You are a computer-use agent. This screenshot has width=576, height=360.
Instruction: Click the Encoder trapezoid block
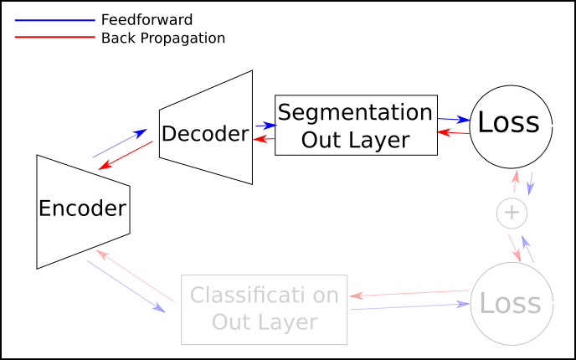[82, 209]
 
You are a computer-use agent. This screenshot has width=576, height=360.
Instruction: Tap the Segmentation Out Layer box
[356, 125]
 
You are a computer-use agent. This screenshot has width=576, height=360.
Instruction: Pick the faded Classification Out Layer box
[264, 309]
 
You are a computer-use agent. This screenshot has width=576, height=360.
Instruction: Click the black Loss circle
[511, 123]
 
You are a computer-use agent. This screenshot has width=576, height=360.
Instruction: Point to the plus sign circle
[512, 213]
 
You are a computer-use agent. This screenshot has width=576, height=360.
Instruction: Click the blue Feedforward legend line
[55, 19]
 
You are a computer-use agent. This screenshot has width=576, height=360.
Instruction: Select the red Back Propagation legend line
[55, 38]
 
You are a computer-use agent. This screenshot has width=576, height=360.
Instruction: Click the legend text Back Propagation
[162, 38]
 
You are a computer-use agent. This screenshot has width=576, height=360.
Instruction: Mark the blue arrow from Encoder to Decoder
[119, 143]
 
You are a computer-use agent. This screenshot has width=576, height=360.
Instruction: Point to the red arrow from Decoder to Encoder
[126, 156]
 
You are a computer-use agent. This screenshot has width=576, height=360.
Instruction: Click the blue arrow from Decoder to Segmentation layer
[264, 126]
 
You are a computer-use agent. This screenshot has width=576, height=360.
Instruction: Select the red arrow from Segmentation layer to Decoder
[264, 138]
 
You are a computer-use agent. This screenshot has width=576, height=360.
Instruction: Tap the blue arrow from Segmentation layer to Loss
[453, 120]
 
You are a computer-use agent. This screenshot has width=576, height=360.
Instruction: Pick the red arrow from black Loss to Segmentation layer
[453, 132]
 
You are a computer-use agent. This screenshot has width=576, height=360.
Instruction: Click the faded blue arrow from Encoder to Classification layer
[125, 285]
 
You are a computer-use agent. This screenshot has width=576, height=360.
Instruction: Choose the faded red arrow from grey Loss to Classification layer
[408, 293]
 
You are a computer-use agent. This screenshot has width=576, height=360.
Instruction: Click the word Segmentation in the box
[356, 112]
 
